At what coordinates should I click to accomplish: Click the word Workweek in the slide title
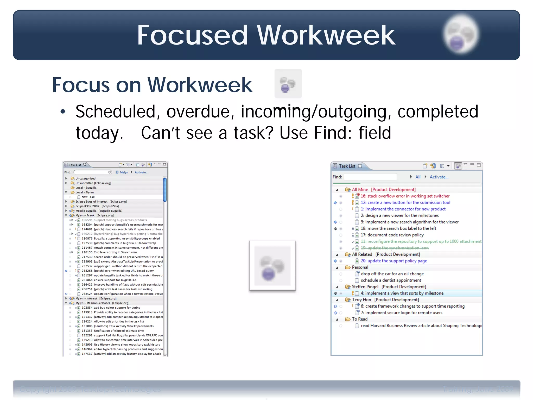[x=326, y=35]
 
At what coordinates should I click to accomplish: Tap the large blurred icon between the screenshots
[x=272, y=265]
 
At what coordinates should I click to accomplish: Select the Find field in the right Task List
[x=370, y=177]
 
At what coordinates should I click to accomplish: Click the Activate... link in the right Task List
[x=439, y=177]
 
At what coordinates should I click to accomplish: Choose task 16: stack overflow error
[x=405, y=196]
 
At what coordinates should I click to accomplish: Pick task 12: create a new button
[x=405, y=203]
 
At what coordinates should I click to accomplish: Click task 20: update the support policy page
[x=394, y=261]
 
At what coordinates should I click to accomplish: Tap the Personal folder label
[x=360, y=267]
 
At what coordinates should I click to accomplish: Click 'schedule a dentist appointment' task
[x=391, y=280]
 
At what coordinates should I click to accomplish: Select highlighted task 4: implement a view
[x=402, y=293]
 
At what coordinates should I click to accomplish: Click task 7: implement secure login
[x=401, y=313]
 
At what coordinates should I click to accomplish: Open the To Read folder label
[x=360, y=319]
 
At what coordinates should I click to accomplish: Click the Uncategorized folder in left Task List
[x=85, y=179]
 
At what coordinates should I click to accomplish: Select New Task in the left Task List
[x=88, y=197]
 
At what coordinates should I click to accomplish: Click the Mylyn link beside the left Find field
[x=124, y=172]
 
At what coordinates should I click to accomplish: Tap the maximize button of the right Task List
[x=478, y=165]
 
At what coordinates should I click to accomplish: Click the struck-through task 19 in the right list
[x=395, y=248]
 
